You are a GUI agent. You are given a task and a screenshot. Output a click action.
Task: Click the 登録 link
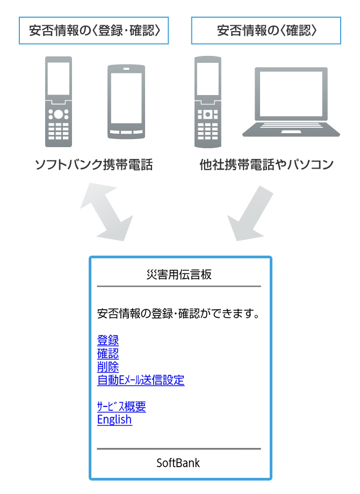click(x=108, y=340)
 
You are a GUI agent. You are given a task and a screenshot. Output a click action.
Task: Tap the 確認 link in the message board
click(x=108, y=353)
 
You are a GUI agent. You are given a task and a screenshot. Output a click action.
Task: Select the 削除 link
click(x=108, y=367)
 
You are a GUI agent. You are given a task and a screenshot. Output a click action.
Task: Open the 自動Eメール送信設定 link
click(x=141, y=380)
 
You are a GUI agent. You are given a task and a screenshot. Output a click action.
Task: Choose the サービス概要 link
click(x=121, y=406)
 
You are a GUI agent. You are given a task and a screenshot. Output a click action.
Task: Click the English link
click(x=114, y=419)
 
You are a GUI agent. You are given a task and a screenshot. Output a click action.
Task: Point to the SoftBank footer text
click(x=178, y=463)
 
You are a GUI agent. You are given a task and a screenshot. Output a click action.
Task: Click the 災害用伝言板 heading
click(x=179, y=274)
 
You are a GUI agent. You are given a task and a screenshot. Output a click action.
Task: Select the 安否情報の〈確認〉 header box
click(x=266, y=30)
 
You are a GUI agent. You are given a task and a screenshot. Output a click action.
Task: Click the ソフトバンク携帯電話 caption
click(x=93, y=165)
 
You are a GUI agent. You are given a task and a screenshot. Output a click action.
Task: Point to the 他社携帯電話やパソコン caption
click(x=266, y=165)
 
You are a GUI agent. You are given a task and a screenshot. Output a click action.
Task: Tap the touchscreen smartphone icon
click(x=127, y=101)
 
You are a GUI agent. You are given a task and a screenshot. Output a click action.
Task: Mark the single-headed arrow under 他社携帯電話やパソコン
click(x=248, y=214)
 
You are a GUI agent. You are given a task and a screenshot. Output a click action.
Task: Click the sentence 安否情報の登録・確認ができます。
click(x=179, y=313)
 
